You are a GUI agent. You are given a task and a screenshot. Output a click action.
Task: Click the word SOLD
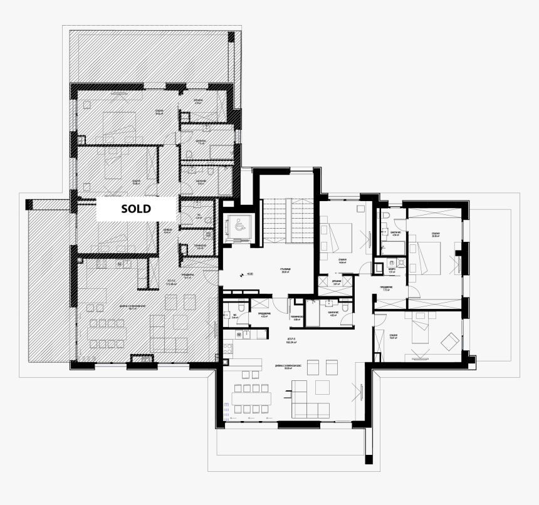136,209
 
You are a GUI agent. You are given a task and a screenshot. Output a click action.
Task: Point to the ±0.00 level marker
249,274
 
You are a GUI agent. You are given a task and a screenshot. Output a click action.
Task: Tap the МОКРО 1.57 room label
392,271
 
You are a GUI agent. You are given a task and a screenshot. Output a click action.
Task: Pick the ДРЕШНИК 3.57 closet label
336,283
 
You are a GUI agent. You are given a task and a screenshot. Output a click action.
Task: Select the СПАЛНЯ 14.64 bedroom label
342,262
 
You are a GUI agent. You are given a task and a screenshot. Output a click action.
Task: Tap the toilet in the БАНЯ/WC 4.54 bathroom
386,217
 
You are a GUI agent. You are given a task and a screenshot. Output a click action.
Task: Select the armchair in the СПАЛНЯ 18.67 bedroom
449,342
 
